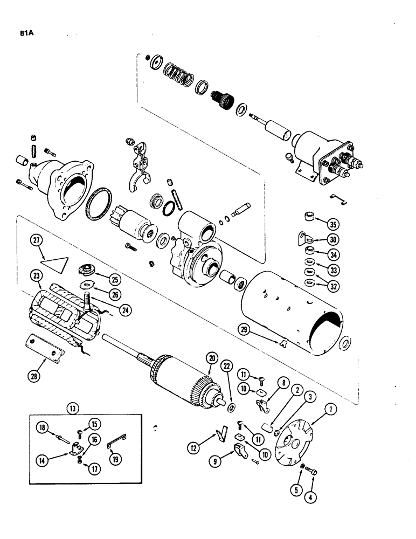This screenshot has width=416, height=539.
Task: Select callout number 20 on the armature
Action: tap(210, 358)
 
